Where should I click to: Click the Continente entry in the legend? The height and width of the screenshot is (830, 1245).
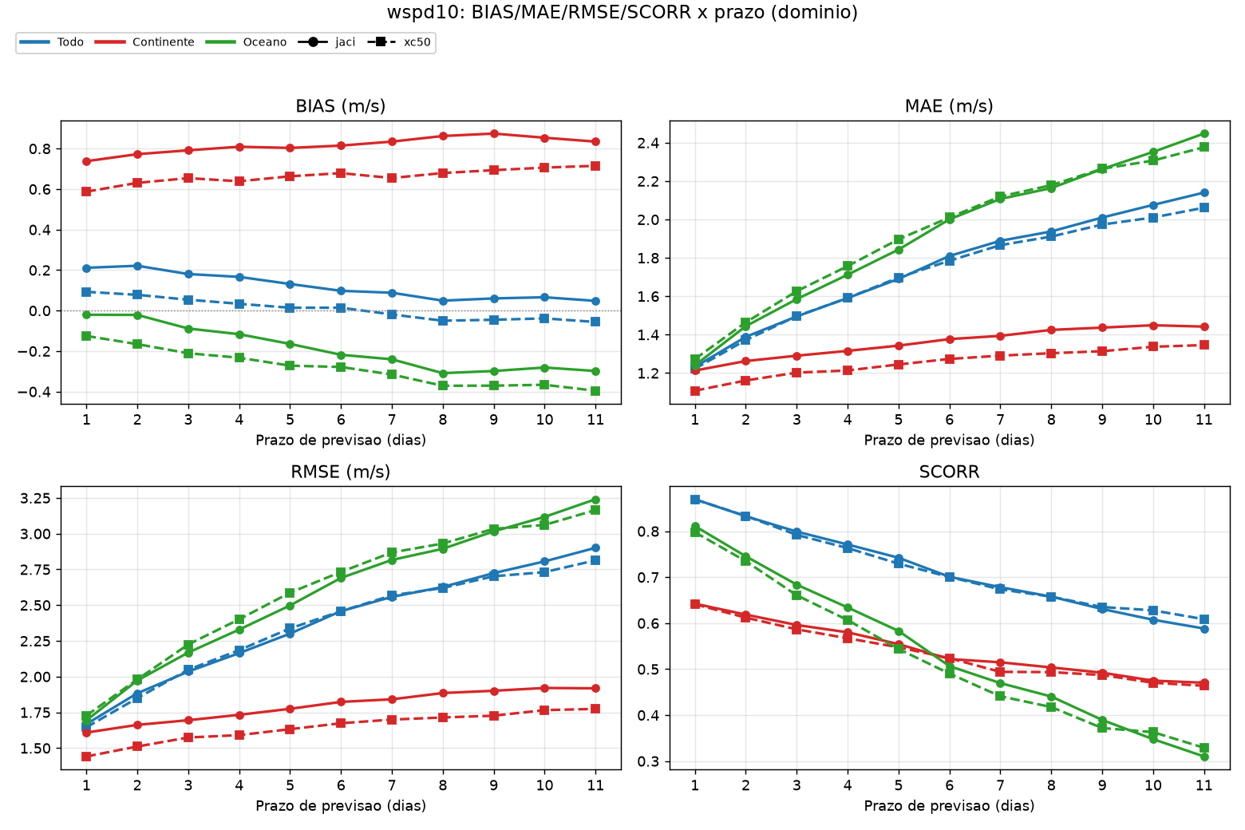tap(144, 42)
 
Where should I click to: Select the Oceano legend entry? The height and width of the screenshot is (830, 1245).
tap(247, 42)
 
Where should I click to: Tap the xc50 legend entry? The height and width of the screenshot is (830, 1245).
tap(399, 42)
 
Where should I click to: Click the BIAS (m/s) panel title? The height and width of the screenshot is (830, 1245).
tap(341, 105)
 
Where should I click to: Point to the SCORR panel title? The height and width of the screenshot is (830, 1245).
tap(950, 472)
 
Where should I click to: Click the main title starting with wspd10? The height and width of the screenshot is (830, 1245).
tap(622, 12)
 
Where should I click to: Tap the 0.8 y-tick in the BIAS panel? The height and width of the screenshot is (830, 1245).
tap(40, 149)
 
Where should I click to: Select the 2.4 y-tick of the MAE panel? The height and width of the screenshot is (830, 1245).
tap(649, 144)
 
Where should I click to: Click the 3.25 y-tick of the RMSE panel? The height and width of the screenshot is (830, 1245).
tap(35, 498)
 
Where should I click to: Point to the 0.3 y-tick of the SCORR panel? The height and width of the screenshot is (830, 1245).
tap(649, 761)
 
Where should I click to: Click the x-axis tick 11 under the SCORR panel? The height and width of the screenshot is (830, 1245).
tap(1203, 785)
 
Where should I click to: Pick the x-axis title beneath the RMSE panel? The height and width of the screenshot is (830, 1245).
tap(341, 805)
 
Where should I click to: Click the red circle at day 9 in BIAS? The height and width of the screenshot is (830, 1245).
tap(493, 134)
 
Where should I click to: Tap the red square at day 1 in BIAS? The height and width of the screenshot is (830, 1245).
tap(86, 192)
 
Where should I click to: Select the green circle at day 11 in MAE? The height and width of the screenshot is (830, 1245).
tap(1204, 134)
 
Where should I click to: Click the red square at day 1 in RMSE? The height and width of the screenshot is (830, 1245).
tap(86, 757)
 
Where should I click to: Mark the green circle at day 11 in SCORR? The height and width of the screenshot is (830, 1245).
tap(1204, 757)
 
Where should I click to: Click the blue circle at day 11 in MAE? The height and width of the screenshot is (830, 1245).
tap(1204, 193)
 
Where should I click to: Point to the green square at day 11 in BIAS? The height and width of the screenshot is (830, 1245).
tap(595, 391)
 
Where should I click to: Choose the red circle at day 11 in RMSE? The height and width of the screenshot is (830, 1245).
tap(595, 689)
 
